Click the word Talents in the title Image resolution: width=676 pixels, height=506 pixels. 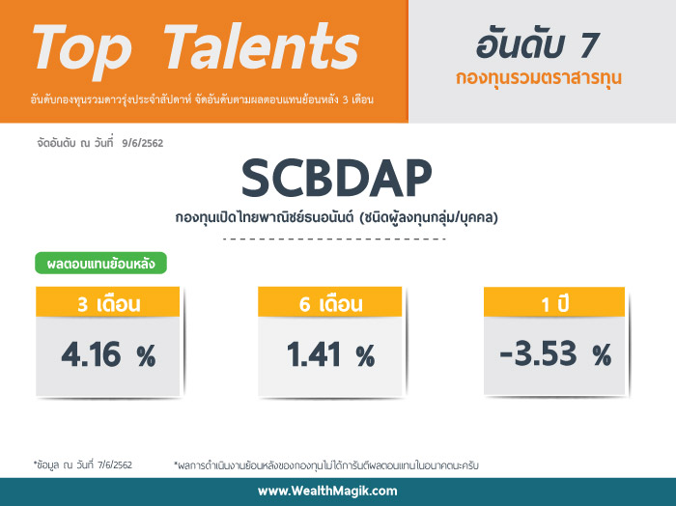262,46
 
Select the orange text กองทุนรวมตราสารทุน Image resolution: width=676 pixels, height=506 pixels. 539,78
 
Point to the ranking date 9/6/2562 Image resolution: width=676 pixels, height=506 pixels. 143,143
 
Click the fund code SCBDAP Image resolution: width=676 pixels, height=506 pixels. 337,178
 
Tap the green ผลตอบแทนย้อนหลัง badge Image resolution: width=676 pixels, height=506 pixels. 100,263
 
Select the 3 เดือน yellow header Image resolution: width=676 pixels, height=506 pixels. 108,301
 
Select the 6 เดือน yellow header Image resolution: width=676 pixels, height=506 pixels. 330,301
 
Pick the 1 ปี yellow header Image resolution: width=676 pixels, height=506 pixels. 554,301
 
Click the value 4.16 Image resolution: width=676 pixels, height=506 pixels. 91,354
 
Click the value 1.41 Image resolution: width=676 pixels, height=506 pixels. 314,354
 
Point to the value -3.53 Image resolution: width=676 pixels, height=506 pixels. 538,353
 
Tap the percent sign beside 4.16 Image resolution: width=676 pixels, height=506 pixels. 146,356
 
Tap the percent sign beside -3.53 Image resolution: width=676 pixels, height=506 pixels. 602,355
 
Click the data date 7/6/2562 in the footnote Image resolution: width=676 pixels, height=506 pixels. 115,465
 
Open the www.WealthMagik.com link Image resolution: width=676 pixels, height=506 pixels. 327,491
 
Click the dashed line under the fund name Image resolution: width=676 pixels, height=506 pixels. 334,239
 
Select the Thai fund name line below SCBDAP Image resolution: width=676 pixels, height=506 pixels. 336,217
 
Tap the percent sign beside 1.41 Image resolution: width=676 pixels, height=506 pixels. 366,356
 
